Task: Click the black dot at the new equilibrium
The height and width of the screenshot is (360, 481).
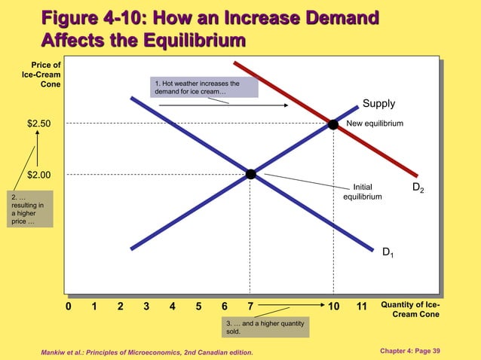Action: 332,124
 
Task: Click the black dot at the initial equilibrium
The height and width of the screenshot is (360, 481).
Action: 250,174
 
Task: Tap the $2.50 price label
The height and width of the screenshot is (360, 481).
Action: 39,124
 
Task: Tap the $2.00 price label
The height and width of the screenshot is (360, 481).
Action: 39,175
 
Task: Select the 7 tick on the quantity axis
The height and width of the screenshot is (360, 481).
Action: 250,307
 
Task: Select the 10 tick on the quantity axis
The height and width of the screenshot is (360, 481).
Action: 333,307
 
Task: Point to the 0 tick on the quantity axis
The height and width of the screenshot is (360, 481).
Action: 68,307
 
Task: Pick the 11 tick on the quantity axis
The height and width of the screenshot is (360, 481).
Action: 361,307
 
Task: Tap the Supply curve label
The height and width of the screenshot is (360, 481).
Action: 378,103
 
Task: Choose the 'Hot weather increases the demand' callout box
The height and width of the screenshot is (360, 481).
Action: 204,87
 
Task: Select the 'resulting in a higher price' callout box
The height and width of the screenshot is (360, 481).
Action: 31,209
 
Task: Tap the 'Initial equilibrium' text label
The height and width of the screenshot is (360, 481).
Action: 363,191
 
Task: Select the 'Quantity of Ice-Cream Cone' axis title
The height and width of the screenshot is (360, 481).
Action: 410,309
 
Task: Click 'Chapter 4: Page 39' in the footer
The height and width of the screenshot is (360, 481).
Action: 427,351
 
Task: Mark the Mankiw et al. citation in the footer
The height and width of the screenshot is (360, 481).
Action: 148,352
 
